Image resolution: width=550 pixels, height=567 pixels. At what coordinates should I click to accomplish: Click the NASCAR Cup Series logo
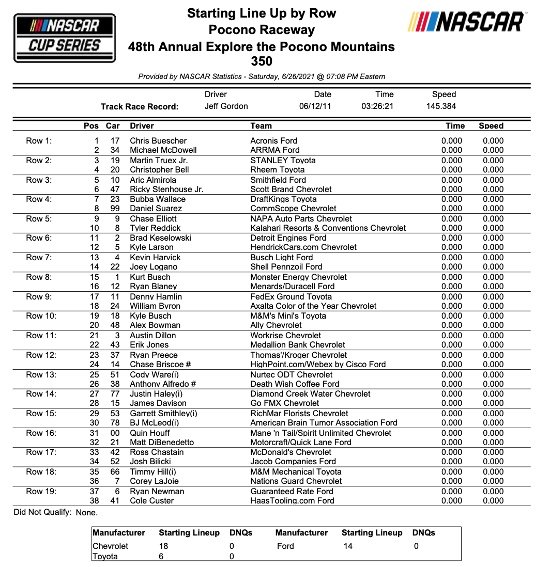click(x=64, y=38)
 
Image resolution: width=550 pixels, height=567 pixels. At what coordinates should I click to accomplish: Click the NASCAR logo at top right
click(x=466, y=22)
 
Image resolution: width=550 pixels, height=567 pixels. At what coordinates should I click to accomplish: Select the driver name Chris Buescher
click(x=158, y=141)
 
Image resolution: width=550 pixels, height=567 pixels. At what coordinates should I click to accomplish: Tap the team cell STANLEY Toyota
click(x=283, y=161)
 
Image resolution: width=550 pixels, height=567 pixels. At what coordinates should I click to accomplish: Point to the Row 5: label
click(x=39, y=219)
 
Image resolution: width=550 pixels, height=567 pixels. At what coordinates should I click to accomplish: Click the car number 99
click(x=115, y=209)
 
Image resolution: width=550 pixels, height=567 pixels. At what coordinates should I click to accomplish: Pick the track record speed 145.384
click(x=441, y=106)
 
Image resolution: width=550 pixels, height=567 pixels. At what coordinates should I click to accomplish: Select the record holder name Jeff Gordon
click(x=226, y=106)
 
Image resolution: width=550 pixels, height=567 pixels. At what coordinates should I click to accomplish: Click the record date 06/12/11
click(x=315, y=106)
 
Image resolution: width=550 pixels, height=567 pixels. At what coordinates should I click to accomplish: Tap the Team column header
click(x=261, y=126)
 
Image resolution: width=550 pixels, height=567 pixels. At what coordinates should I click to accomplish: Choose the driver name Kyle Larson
click(x=152, y=247)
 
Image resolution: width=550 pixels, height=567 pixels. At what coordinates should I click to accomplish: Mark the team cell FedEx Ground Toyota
click(x=291, y=297)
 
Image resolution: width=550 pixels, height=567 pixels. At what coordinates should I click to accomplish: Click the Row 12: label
click(x=41, y=355)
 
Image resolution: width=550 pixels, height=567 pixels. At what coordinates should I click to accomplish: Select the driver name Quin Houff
click(x=150, y=433)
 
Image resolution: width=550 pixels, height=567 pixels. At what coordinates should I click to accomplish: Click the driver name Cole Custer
click(x=152, y=500)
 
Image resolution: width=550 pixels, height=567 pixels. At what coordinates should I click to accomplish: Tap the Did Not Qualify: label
click(x=43, y=513)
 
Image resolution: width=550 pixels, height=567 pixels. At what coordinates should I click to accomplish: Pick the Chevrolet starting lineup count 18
click(x=163, y=546)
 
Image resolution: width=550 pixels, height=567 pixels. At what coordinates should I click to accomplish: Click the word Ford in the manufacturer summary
click(x=285, y=546)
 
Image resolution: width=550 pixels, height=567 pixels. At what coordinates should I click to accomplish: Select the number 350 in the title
click(x=262, y=61)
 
